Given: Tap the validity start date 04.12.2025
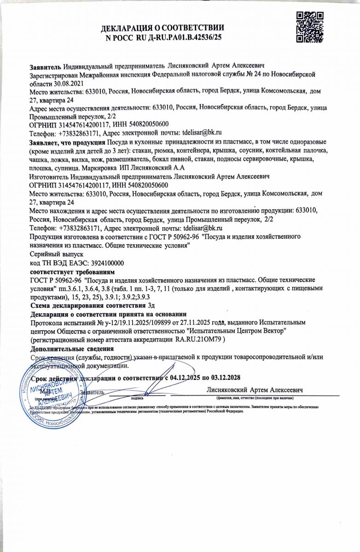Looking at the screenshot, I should pos(187,378).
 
